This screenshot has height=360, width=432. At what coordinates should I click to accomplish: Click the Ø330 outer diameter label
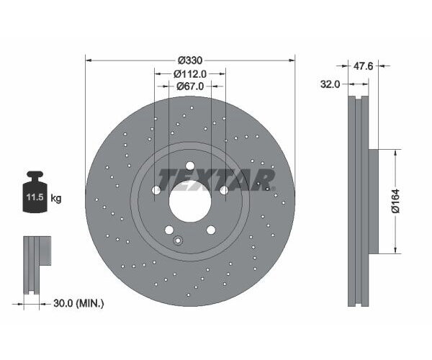point(189,60)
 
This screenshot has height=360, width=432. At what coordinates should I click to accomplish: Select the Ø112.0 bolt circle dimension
point(190,73)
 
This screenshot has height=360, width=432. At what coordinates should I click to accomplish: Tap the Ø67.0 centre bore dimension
point(190,86)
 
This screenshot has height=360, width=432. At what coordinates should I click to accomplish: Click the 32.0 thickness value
point(329,84)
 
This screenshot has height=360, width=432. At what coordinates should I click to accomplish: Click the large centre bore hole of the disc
point(190,201)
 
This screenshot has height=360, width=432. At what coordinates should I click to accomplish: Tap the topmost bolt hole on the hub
point(190,165)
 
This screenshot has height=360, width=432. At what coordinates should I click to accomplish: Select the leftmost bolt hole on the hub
point(156,190)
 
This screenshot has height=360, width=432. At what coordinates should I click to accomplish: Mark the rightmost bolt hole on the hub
point(224,190)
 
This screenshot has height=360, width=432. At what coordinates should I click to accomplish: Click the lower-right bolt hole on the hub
point(211,230)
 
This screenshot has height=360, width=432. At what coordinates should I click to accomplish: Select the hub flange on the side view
point(373,202)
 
